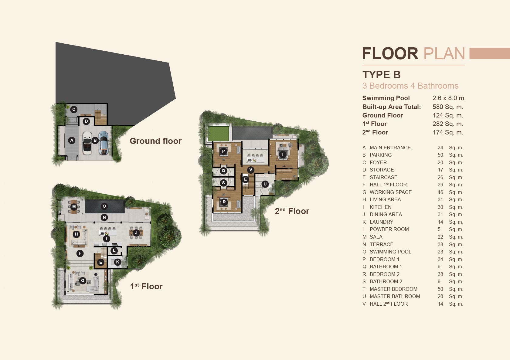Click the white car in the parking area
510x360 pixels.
click(x=87, y=143)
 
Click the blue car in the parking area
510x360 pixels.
click(x=103, y=143)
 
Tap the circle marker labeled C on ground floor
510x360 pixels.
click(x=74, y=110)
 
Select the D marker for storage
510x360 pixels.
click(x=86, y=121)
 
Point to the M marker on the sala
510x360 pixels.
click(x=74, y=207)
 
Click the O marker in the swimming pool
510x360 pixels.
click(x=104, y=206)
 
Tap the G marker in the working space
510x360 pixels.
click(x=83, y=280)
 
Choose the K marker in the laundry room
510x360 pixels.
click(x=118, y=262)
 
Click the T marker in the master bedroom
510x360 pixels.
click(x=283, y=155)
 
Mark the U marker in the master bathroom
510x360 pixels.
click(x=265, y=184)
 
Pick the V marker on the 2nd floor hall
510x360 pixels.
click(x=251, y=170)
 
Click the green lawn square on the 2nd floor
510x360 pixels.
click(x=219, y=134)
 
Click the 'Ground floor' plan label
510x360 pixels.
click(x=155, y=141)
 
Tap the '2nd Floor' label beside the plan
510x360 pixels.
click(x=292, y=211)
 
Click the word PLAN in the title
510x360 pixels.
click(x=444, y=54)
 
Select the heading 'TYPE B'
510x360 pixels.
click(x=381, y=75)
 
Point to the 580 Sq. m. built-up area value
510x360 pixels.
click(x=448, y=107)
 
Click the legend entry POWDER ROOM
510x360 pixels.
click(x=389, y=229)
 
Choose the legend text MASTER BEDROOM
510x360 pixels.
click(x=393, y=289)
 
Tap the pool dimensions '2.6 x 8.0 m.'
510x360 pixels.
click(x=449, y=98)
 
